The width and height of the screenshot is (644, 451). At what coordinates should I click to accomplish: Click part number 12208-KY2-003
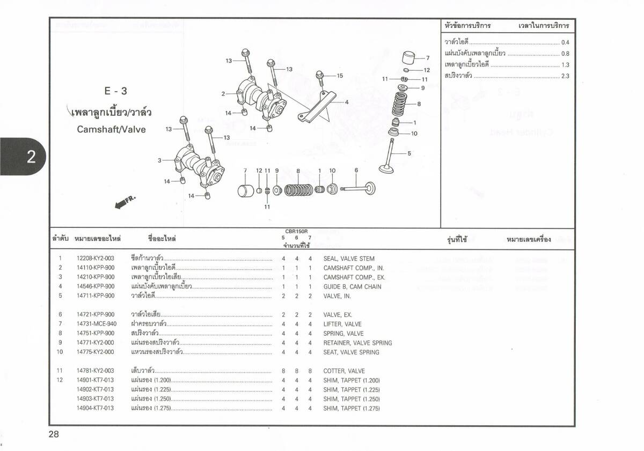pos(96,258)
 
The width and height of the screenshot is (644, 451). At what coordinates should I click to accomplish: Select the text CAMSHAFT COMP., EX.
pos(354,277)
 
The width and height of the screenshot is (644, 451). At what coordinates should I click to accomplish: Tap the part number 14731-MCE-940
pos(96,324)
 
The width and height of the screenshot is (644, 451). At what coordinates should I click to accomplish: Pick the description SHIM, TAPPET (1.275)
pos(352,408)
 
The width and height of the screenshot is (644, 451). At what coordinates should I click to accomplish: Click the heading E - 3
pos(116,91)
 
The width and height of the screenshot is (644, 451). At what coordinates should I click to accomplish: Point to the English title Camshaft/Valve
pos(111,129)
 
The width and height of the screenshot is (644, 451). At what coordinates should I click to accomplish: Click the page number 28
pos(54,434)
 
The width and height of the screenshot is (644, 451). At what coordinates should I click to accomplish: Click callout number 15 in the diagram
pos(339,76)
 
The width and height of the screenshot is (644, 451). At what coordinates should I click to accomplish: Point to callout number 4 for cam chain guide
pos(347,102)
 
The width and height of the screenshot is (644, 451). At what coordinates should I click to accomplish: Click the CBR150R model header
pos(296,231)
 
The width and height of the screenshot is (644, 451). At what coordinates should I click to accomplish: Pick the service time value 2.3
pos(565,76)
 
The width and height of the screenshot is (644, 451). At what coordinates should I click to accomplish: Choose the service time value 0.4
pos(565,42)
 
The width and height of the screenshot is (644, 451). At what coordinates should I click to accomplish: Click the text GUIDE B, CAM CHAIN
pos(353,286)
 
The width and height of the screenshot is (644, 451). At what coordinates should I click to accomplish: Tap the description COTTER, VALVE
pos(344,371)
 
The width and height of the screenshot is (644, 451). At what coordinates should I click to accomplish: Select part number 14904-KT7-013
pos(96,408)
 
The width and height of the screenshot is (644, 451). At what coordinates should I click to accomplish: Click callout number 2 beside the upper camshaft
pos(223,94)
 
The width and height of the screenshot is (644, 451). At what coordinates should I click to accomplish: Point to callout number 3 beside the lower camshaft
pos(159,160)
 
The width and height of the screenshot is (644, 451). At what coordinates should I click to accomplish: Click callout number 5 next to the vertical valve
pos(409,153)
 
